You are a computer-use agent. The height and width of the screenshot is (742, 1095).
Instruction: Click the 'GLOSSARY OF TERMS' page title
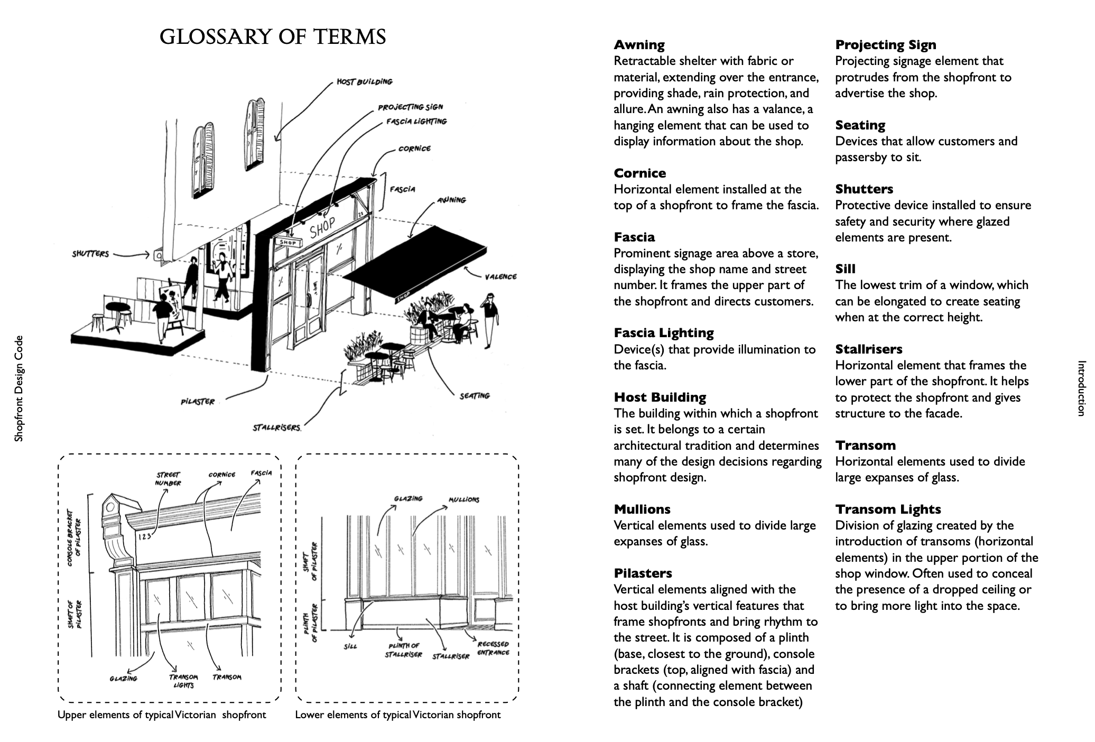pos(273,37)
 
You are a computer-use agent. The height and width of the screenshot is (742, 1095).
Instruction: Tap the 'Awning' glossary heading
pos(639,45)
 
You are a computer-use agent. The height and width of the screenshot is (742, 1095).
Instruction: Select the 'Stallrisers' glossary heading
pos(868,349)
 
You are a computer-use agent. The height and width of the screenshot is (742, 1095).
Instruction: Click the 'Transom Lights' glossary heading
pos(888,509)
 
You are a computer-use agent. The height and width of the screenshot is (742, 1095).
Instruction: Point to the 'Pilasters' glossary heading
pos(643,573)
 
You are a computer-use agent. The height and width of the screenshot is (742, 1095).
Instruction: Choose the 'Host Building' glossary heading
pos(660,397)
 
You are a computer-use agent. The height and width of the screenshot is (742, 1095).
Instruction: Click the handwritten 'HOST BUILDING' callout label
pos(365,82)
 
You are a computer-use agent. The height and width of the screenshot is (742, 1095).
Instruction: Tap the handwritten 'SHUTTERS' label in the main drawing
pos(90,254)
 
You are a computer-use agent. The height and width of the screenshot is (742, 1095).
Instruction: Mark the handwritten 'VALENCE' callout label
pos(500,276)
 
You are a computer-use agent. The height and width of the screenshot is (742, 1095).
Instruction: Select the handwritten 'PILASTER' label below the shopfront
pos(198,402)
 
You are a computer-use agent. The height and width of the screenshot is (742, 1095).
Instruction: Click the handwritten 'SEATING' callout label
pos(475,395)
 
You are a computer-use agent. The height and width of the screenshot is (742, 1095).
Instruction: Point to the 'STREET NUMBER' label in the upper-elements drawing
pos(168,479)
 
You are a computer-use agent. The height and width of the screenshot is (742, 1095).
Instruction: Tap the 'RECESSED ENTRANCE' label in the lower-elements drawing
pos(493,648)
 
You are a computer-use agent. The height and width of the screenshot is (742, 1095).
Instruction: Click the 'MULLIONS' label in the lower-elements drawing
pos(463,499)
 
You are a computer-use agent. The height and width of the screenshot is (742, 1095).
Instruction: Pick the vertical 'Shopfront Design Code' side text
pos(19,388)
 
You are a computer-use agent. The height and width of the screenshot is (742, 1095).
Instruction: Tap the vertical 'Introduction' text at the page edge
pos(1081,388)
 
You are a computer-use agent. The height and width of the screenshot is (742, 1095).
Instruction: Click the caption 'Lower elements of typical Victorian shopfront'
pos(397,715)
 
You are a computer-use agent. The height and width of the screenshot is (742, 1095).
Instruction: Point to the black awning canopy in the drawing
pos(417,262)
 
